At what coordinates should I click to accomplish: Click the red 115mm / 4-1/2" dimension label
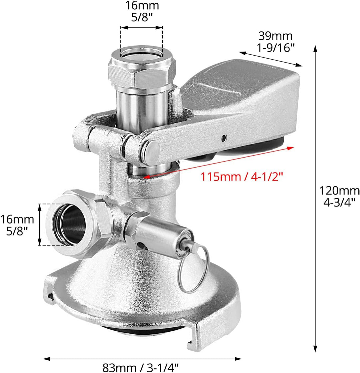242,177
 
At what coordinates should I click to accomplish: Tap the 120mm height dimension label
339,196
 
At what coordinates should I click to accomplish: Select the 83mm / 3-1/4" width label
140,367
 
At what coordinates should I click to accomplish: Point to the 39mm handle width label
275,42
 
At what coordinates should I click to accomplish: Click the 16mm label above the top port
142,11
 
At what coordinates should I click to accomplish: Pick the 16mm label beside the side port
17,225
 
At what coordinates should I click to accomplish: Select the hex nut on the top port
142,71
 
